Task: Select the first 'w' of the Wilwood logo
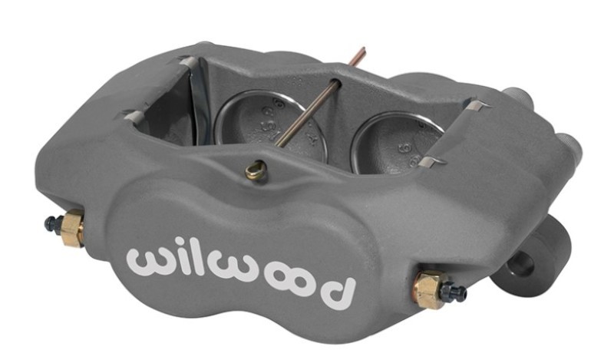(150, 261)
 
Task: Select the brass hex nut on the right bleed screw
(427, 288)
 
